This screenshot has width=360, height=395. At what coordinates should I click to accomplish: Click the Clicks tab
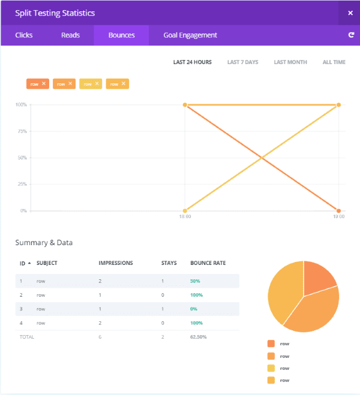[23, 35]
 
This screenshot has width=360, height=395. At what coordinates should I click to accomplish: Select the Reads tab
[70, 35]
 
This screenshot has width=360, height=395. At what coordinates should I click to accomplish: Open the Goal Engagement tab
[190, 35]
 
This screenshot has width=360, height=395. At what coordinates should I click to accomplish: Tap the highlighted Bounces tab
[121, 35]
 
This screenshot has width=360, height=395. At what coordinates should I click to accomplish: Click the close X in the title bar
[350, 13]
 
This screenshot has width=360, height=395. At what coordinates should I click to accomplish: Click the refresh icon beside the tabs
[351, 35]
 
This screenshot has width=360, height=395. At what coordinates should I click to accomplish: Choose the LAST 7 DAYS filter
[242, 62]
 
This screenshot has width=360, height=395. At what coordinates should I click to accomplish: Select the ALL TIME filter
[334, 62]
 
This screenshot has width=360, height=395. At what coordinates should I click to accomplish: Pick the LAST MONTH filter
[290, 62]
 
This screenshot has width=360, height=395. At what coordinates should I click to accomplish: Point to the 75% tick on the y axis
[22, 131]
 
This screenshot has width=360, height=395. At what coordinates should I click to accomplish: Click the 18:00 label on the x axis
[185, 216]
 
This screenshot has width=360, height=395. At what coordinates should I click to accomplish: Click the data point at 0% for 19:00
[338, 211]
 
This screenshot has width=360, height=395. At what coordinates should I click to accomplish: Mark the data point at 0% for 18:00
[185, 211]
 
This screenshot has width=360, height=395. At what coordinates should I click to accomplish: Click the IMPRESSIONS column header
[116, 263]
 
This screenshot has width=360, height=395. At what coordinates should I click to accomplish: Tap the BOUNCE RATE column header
[208, 263]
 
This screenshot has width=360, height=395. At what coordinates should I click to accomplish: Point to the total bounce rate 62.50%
[199, 337]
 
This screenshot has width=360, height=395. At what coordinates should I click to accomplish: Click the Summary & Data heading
[44, 243]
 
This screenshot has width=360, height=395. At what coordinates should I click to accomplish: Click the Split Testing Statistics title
[55, 13]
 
